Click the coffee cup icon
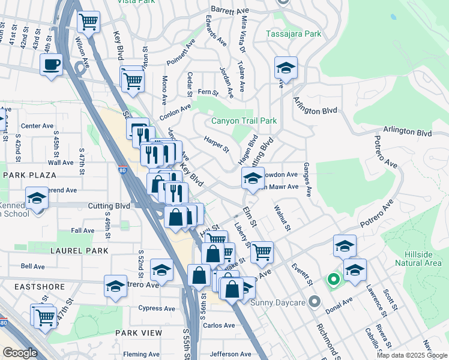(x=52, y=64)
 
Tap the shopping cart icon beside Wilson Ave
(x=89, y=23)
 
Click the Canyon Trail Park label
(x=243, y=121)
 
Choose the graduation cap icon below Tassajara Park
(x=286, y=68)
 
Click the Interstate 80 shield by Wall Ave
(x=122, y=170)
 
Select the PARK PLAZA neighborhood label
(x=29, y=175)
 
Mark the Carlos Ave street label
(x=218, y=325)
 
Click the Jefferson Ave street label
(x=230, y=354)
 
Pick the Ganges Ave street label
(x=307, y=179)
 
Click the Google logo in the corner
(x=20, y=353)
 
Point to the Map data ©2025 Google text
(x=412, y=355)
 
